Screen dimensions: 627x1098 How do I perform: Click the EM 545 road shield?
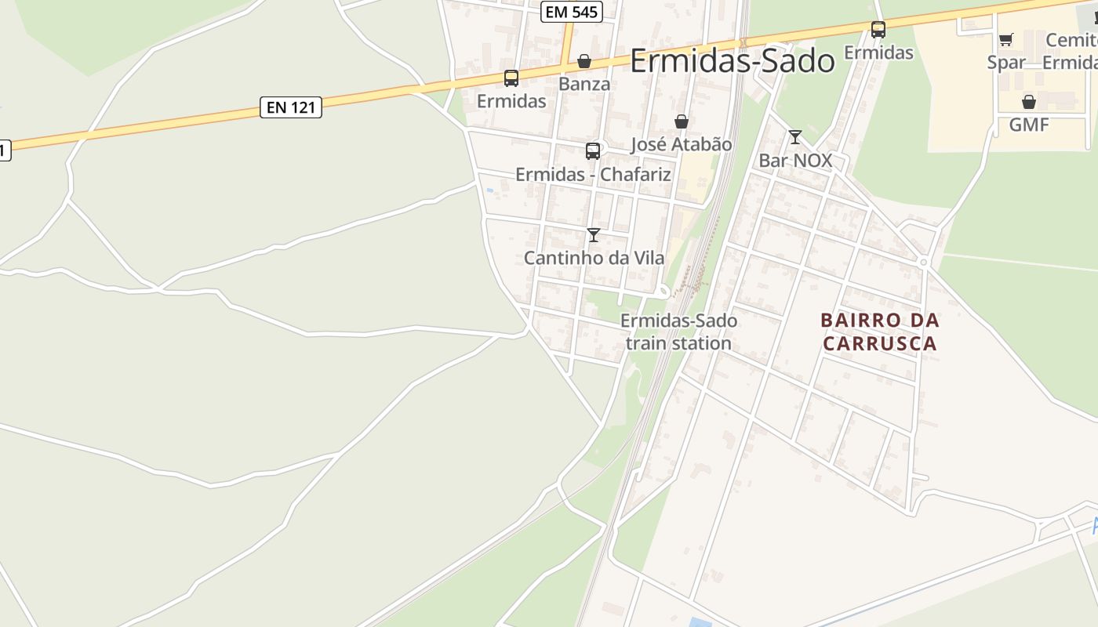pos(571,12)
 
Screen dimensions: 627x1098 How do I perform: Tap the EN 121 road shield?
pos(291,107)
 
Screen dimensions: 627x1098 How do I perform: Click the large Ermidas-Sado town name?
pos(732,60)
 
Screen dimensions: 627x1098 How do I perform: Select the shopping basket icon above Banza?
pos(584,61)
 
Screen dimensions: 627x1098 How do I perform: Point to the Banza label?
pos(584,83)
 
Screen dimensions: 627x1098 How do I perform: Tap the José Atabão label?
pos(681,144)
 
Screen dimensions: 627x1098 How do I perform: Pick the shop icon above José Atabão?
pos(682,121)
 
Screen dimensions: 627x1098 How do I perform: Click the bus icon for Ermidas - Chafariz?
pos(593,151)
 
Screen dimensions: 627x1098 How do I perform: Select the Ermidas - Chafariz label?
pos(593,174)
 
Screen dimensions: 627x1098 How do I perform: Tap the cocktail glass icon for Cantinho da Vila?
pos(594,234)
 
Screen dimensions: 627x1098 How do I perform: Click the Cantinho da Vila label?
pos(594,257)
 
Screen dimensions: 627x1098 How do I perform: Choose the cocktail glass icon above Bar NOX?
pos(794,137)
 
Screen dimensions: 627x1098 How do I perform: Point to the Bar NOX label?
pos(794,161)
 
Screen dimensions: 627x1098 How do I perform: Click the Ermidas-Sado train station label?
pos(678,332)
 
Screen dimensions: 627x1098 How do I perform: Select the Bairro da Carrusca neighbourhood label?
pos(880,332)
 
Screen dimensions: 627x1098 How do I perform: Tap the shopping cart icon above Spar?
pos(1006,39)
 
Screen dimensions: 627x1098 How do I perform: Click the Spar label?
pos(1006,62)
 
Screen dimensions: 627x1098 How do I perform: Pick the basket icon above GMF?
pos(1029,102)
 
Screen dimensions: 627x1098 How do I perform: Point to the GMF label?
pos(1029,125)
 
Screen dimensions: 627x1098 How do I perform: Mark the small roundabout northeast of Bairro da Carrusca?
pos(924,262)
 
